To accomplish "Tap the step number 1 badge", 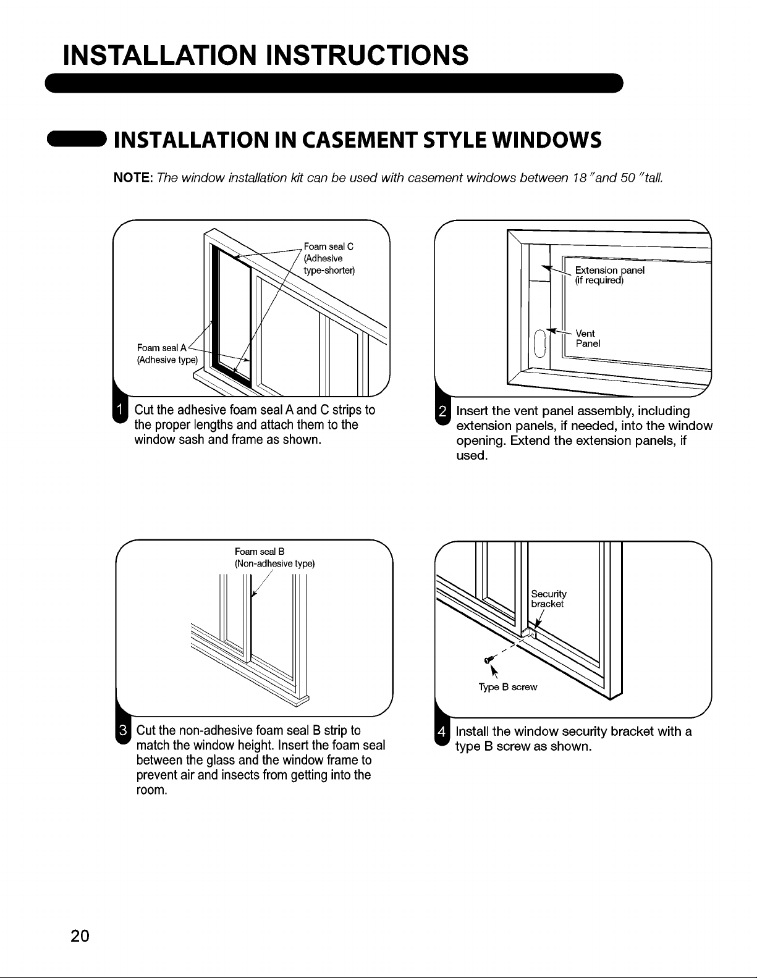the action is [x=120, y=410].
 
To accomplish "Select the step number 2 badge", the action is [x=442, y=411].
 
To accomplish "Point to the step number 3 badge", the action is [x=122, y=730].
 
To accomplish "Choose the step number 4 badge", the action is [x=442, y=732].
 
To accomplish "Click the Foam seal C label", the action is [x=329, y=258].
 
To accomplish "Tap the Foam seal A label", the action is [x=167, y=354].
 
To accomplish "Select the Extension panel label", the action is [x=609, y=275].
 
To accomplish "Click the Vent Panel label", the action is [x=587, y=339].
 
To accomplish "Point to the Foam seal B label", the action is [x=274, y=558].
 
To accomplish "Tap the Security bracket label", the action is [x=549, y=599].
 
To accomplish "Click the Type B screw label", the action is [x=508, y=687].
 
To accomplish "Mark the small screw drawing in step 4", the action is [x=489, y=659].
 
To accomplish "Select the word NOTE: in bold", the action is [x=133, y=178].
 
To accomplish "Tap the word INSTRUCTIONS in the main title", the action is [x=367, y=55].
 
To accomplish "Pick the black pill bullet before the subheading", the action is [x=77, y=139].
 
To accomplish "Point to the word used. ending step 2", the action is [x=472, y=455].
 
